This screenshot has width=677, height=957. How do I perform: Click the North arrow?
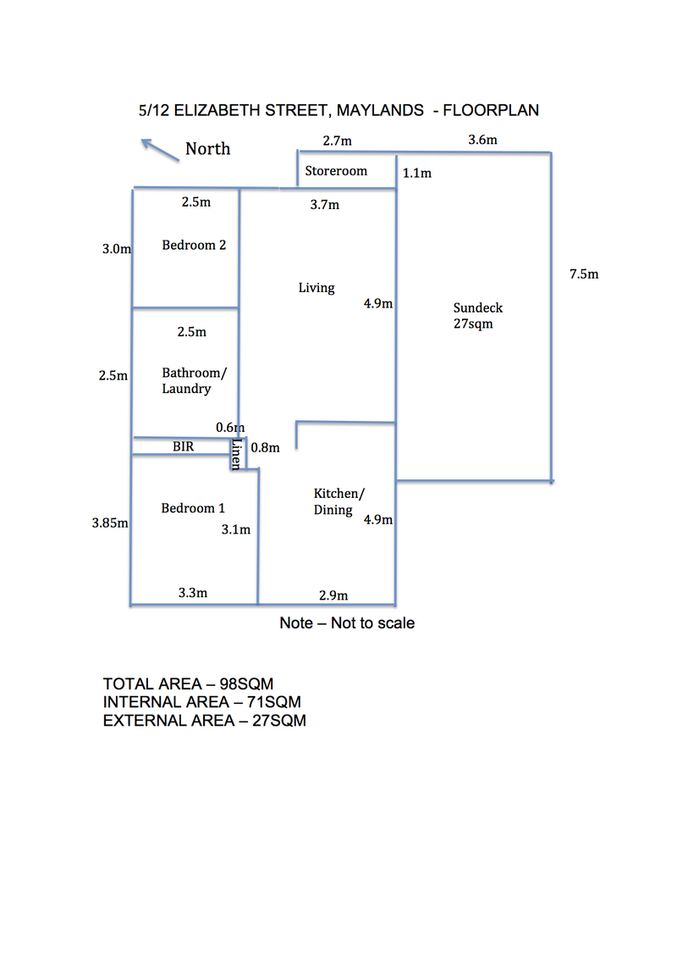coord(159,150)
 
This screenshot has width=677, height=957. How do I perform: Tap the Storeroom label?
coord(336,171)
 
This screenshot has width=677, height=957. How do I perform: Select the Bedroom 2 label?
coord(194,246)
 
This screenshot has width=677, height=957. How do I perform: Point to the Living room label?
coord(316,288)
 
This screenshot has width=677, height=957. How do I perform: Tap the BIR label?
coord(184,445)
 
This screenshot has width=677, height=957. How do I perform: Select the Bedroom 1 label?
coord(193,508)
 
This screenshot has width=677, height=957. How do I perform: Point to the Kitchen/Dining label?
coord(338,501)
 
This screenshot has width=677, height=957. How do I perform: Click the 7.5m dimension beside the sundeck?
coord(584,274)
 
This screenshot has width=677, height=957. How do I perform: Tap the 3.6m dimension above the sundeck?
coord(482,140)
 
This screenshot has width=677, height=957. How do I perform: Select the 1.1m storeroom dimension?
coord(416,174)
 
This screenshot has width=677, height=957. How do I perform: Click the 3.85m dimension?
coord(110,523)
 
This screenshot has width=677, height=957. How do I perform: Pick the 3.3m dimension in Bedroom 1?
coord(193,593)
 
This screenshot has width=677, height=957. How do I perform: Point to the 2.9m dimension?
coord(333,595)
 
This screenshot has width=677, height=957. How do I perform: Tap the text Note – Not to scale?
coord(347,623)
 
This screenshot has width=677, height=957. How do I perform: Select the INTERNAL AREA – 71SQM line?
coord(201,702)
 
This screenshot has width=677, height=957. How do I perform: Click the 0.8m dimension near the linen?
coord(265,448)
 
